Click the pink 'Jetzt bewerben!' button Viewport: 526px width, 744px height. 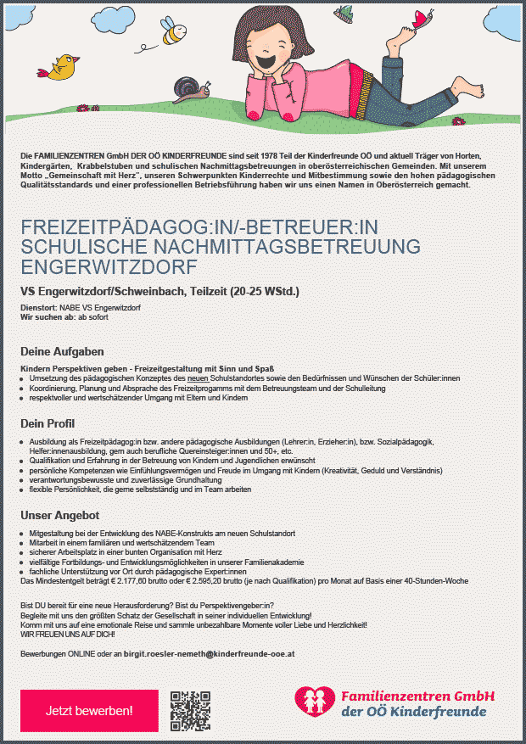(89, 710)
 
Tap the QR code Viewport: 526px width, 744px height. (190, 711)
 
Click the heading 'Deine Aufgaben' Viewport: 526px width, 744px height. (62, 351)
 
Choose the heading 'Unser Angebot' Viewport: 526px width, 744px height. (60, 515)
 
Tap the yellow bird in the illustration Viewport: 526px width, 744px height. (64, 67)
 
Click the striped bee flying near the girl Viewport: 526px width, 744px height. (175, 35)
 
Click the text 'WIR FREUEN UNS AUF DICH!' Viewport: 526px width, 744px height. (68, 634)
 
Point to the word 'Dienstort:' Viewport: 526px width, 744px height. (37, 307)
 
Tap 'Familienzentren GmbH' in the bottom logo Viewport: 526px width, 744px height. (417, 695)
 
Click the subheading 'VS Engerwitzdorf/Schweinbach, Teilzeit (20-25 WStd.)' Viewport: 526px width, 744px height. (159, 292)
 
